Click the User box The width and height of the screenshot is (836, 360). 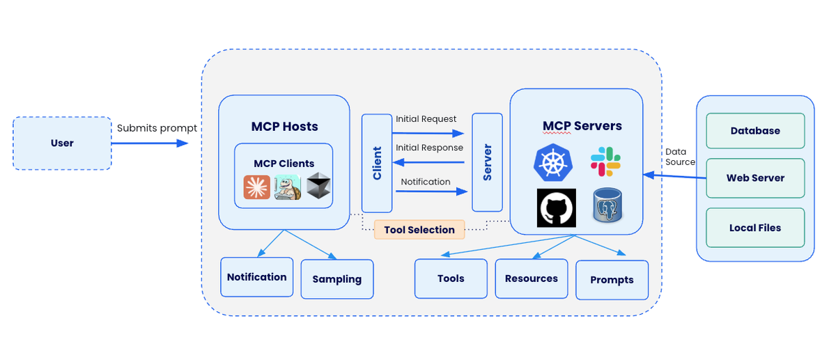click(x=62, y=143)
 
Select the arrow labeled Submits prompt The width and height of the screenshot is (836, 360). click(x=149, y=143)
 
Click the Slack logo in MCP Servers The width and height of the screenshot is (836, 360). click(x=605, y=162)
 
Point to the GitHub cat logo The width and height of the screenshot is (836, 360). click(x=556, y=208)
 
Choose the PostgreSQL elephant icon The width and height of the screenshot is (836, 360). click(x=607, y=206)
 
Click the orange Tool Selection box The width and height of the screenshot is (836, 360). click(x=419, y=230)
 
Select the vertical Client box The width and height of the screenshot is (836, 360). click(x=377, y=163)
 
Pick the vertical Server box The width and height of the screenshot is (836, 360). click(x=487, y=162)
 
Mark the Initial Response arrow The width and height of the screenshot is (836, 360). click(x=428, y=162)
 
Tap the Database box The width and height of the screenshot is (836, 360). click(x=755, y=131)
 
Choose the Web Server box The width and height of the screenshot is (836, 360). click(x=755, y=178)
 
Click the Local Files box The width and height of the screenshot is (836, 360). click(x=755, y=228)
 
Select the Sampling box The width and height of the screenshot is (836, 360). click(x=337, y=279)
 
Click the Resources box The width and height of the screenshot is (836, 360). click(x=532, y=279)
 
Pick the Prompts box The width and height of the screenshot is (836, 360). click(x=612, y=280)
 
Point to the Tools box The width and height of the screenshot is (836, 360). click(x=451, y=279)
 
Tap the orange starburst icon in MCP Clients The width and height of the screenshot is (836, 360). click(x=256, y=187)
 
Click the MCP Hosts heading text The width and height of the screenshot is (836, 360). click(x=284, y=127)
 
